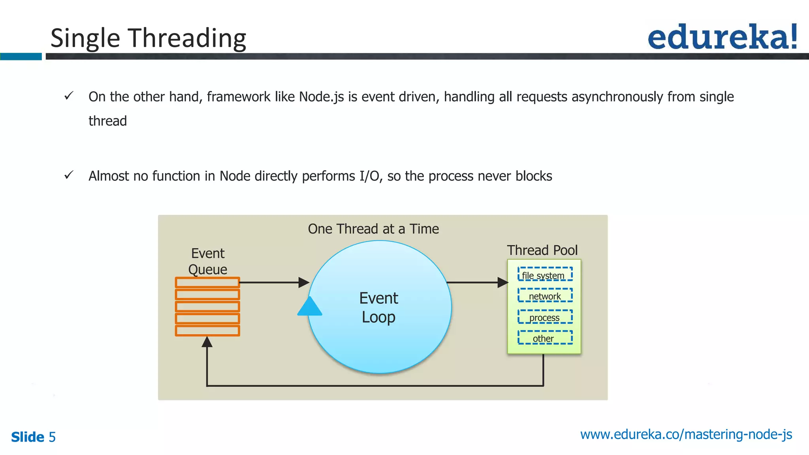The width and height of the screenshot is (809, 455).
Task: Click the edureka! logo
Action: tap(722, 37)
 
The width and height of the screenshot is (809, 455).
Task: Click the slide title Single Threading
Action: tap(148, 38)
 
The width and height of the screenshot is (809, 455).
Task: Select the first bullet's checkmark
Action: tap(69, 96)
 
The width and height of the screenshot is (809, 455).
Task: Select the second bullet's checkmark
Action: tap(69, 175)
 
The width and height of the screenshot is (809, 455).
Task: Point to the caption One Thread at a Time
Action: tap(373, 229)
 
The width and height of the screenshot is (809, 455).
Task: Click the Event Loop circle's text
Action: tap(378, 307)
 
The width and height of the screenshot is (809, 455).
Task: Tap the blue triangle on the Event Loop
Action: tap(310, 307)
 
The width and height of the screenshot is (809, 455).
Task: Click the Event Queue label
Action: tap(208, 261)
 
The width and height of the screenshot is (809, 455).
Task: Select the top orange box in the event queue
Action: tap(207, 282)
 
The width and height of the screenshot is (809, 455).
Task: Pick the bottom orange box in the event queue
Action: tap(207, 331)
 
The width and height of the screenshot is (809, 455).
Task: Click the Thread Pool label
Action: tap(542, 250)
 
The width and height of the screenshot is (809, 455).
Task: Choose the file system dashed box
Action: tap(545, 275)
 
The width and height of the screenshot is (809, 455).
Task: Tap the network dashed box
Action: tap(545, 295)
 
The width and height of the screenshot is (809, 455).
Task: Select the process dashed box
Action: tap(545, 317)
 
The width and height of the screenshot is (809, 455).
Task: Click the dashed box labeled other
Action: tap(545, 338)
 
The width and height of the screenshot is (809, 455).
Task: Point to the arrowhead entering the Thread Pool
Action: tap(503, 282)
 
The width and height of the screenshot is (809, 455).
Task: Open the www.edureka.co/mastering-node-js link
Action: tap(686, 434)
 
